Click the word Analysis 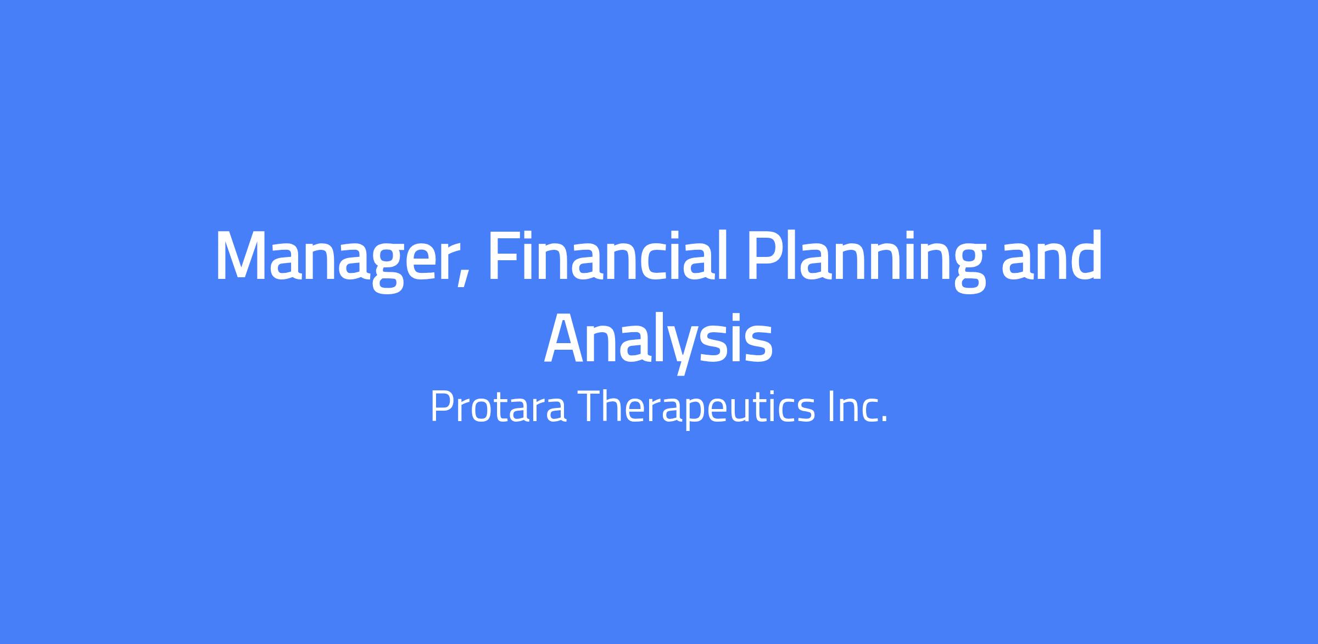click(x=658, y=342)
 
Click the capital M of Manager click(x=244, y=256)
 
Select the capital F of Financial click(x=504, y=256)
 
